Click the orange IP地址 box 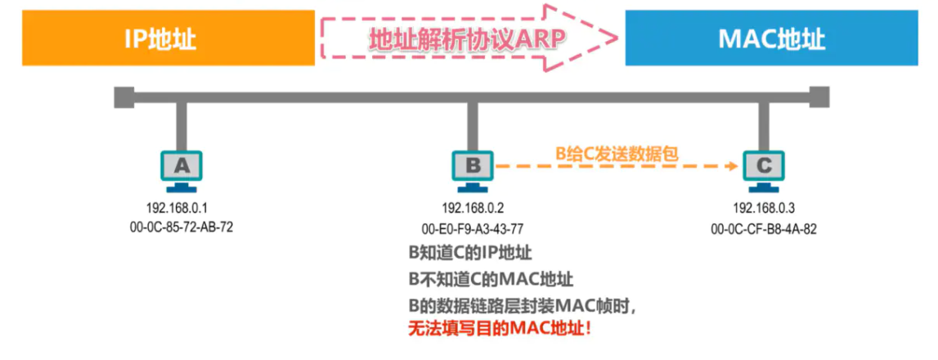168,38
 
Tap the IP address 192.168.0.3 764,208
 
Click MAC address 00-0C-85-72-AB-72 182,227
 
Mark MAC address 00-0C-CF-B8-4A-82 764,227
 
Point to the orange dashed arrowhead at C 733,166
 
